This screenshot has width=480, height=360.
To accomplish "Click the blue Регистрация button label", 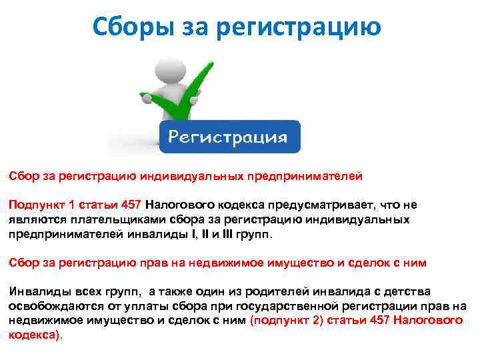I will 228,137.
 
